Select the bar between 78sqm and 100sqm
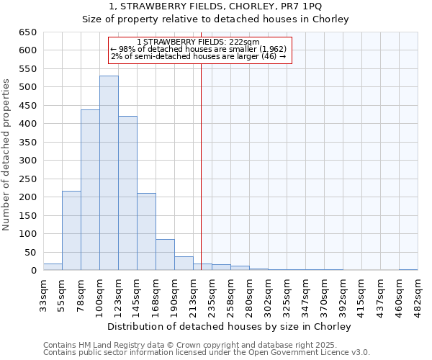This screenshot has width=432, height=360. point(90,190)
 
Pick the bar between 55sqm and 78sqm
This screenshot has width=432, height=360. point(71,230)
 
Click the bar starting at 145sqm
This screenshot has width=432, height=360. point(146,232)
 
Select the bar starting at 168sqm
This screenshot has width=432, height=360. point(165,255)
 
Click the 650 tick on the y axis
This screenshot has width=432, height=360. point(27,32)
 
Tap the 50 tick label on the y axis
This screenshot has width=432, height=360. point(30,253)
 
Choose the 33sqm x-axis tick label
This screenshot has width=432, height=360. point(44,294)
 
